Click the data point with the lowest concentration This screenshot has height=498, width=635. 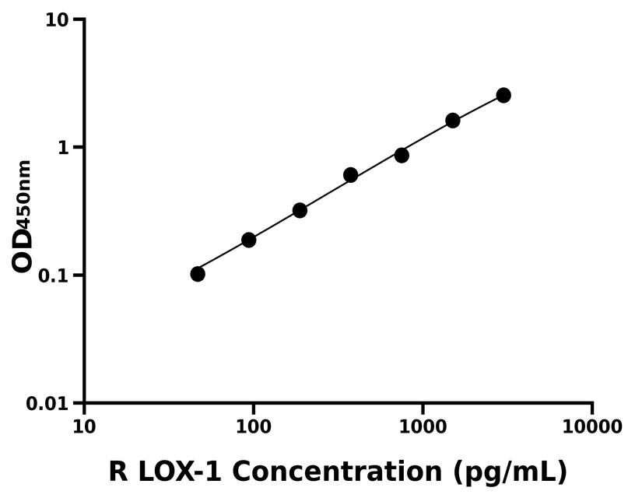point(198,274)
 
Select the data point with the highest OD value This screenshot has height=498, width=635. point(503,95)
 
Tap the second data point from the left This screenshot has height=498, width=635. point(248,240)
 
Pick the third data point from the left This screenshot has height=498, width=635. point(300,210)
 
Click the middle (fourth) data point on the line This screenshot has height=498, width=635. point(350,175)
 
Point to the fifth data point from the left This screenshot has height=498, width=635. point(402,155)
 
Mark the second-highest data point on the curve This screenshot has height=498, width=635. point(453,121)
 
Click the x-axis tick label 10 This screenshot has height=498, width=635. point(84,426)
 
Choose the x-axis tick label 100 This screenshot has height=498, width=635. point(254,426)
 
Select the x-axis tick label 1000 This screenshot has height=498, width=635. point(423,426)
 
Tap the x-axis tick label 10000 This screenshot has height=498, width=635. point(592,426)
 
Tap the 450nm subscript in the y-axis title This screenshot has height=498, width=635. point(25,195)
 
